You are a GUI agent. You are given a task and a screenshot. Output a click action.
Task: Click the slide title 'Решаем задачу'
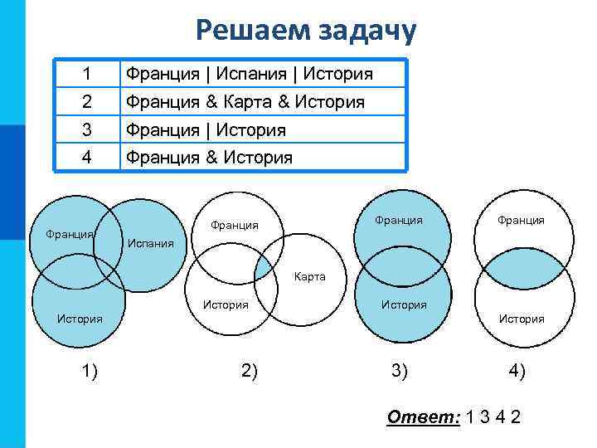tap(307, 31)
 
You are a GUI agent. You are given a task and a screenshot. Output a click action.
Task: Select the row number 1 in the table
tap(87, 74)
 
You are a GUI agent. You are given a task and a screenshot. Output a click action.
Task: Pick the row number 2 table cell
tap(87, 102)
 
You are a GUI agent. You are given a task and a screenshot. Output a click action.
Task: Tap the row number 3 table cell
tap(87, 130)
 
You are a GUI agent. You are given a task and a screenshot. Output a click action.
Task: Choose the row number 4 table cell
tap(87, 157)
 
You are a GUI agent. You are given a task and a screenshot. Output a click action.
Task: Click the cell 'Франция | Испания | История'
tap(249, 74)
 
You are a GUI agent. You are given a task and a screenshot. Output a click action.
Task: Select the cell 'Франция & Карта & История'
tap(245, 102)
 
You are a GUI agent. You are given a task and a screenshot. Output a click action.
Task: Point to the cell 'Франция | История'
tap(205, 130)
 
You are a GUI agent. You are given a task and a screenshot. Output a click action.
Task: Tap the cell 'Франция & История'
tap(208, 157)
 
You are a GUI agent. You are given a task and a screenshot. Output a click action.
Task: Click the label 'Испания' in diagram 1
tap(150, 244)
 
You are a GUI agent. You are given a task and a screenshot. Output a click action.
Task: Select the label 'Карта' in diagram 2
tap(309, 276)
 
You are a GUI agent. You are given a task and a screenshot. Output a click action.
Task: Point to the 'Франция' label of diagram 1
tap(70, 234)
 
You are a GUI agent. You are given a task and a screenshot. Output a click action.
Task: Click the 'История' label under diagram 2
tap(226, 304)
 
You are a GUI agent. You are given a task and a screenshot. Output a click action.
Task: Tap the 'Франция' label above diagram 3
tap(399, 220)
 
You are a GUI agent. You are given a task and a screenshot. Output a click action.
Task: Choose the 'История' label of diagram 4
tap(521, 319)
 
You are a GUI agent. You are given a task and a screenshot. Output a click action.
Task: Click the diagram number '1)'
tap(90, 371)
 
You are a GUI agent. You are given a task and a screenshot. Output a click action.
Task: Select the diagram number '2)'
tap(249, 371)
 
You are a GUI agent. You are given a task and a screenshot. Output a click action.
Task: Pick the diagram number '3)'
tap(400, 371)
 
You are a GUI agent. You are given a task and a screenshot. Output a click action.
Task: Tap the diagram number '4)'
tap(517, 371)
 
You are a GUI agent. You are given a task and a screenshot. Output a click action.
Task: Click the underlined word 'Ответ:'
tap(424, 416)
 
